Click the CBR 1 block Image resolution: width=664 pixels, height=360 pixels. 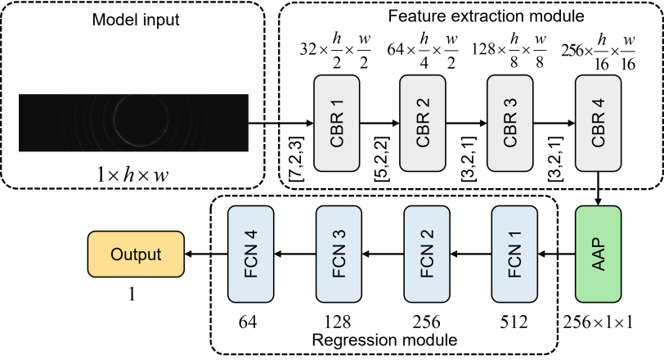[x=337, y=124]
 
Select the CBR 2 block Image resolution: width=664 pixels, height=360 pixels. [x=423, y=124]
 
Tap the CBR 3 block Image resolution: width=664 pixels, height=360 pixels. [x=510, y=124]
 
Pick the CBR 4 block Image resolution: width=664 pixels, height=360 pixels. [x=598, y=124]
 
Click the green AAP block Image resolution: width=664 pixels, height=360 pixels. [x=598, y=254]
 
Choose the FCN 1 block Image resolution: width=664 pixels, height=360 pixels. [x=514, y=254]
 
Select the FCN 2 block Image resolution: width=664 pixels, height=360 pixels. [x=427, y=254]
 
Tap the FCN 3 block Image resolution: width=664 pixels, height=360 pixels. [x=339, y=254]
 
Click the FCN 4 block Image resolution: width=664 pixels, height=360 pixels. [x=251, y=254]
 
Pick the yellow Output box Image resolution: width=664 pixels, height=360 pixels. [x=136, y=254]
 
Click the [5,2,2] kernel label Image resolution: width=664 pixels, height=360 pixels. [x=382, y=160]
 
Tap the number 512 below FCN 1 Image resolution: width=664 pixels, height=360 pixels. [x=514, y=322]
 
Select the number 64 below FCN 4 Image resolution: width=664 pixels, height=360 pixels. [x=248, y=322]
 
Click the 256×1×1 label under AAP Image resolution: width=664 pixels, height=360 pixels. [x=598, y=322]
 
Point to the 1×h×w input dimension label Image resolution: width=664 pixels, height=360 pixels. [x=132, y=174]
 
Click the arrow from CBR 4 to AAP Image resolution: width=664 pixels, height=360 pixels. [x=598, y=188]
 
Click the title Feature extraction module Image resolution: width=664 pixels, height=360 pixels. [x=486, y=16]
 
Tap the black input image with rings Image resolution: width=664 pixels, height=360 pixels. [x=133, y=123]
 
